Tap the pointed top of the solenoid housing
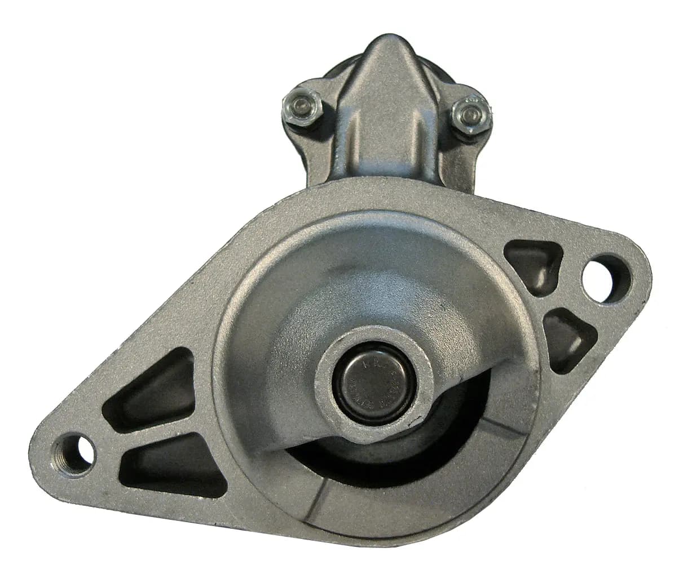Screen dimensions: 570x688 (x=388, y=48)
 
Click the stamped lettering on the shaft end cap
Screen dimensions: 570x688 (x=387, y=389)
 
